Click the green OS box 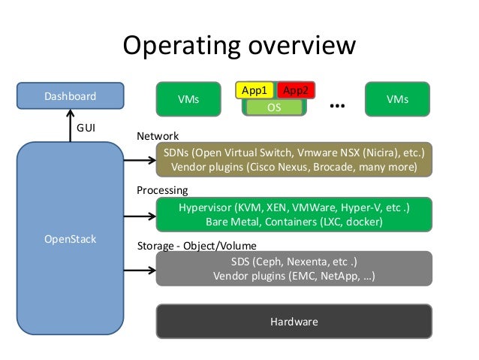click(276, 107)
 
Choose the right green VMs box click(397, 99)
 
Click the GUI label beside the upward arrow click(87, 128)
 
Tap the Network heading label click(157, 137)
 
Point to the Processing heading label click(161, 191)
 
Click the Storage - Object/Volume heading click(196, 246)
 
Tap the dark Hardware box click(294, 322)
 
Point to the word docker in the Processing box click(363, 222)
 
